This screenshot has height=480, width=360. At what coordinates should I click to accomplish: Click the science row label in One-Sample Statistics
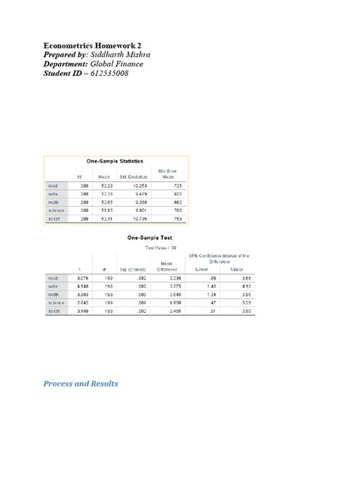coord(58,210)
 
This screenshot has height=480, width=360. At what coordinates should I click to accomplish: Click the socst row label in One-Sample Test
coord(58,311)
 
